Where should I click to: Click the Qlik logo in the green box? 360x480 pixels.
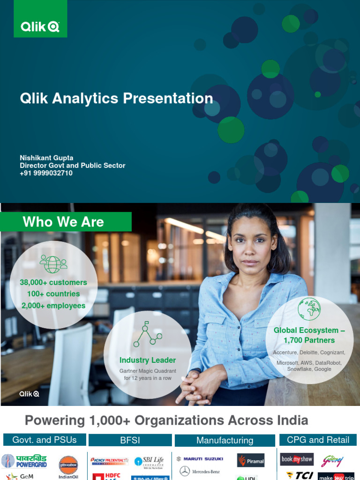coord(40,27)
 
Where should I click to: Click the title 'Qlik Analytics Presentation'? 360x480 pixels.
coord(116,98)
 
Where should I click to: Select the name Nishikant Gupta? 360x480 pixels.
coord(46,158)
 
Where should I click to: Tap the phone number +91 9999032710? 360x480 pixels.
coord(46,173)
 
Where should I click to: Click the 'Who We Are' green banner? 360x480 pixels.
coord(66,222)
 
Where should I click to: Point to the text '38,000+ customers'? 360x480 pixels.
coord(53,283)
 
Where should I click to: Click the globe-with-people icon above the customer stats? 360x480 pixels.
coord(53,263)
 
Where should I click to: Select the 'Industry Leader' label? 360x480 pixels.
coord(148,360)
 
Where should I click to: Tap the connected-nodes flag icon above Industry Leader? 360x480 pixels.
coord(148,334)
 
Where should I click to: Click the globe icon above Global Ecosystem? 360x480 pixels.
coord(309,309)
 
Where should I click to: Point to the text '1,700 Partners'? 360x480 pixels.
coord(309,340)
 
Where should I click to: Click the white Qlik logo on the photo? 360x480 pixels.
coord(29,394)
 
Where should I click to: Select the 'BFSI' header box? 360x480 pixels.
coord(130,440)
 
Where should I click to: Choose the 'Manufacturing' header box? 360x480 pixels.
coord(225,440)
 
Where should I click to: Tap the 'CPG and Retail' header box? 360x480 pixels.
coord(318,440)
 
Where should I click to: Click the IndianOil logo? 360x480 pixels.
coord(68,466)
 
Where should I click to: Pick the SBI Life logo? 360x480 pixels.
coord(149,462)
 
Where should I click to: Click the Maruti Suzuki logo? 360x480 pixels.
coord(200,459)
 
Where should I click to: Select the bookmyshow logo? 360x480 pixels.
coord(297,459)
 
